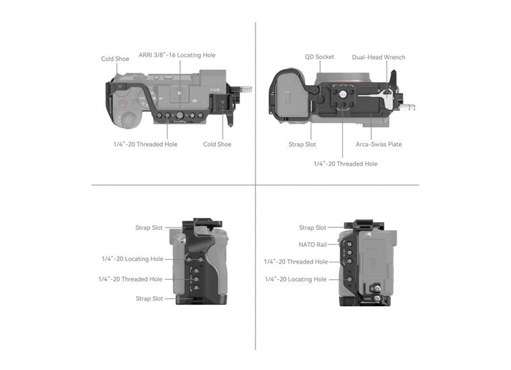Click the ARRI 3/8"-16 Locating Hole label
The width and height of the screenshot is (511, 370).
click(x=177, y=55)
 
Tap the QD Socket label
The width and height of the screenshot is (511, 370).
click(x=319, y=57)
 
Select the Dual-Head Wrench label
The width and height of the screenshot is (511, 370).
click(x=379, y=57)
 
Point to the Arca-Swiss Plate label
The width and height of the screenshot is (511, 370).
click(x=379, y=144)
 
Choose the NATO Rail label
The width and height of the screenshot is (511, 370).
click(x=313, y=244)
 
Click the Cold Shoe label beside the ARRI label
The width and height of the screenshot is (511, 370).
click(x=115, y=59)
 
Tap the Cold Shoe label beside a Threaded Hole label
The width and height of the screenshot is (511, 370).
click(x=217, y=144)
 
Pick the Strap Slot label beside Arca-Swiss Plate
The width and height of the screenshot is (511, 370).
click(x=302, y=144)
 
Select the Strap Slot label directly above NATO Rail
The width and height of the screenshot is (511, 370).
click(x=313, y=227)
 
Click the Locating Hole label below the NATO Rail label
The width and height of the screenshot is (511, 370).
click(x=296, y=279)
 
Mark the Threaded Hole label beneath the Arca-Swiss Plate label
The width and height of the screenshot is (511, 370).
click(x=346, y=163)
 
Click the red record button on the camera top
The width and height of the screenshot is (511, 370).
click(x=123, y=104)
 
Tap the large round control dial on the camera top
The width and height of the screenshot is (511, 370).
click(x=129, y=119)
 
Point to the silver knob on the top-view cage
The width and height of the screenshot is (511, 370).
click(x=245, y=89)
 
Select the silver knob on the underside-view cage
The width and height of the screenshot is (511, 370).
click(x=409, y=107)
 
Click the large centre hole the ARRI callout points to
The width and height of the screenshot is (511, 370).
click(x=180, y=115)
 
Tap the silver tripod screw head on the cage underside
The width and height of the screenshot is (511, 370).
click(x=342, y=94)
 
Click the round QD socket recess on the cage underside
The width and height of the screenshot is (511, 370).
click(x=320, y=100)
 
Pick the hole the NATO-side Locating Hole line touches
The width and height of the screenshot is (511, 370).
click(x=349, y=279)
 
